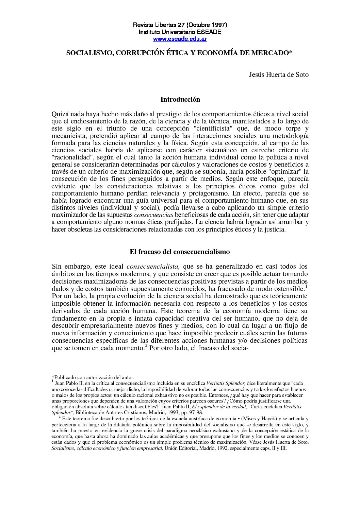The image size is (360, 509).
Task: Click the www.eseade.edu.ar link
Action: tap(180, 39)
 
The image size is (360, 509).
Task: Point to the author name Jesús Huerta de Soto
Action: tap(279, 74)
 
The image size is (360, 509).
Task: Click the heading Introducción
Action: tap(180, 100)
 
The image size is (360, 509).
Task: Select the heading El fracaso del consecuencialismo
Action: tap(180, 252)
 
